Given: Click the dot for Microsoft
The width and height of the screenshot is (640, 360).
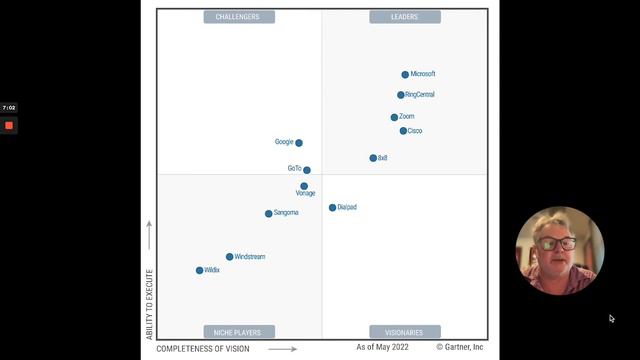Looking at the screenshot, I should coord(405,74).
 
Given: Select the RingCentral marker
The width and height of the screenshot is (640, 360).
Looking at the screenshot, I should coord(401,95).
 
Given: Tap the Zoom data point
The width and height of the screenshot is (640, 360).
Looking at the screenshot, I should coord(394,117).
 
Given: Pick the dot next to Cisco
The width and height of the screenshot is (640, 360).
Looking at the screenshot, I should coord(403,131).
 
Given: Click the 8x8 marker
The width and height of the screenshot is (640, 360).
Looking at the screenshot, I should coord(373,158).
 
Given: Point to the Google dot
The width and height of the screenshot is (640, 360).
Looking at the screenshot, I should coord(299,143).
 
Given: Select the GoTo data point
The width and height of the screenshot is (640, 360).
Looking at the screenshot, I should coord(307,170).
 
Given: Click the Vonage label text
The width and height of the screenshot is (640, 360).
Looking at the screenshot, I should coord(305,193).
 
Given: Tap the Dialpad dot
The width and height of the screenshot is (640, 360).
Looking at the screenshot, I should coord(333,208).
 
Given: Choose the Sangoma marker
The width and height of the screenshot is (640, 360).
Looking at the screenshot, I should coord(268,214).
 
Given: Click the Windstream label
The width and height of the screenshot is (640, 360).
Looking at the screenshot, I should coord(250,257).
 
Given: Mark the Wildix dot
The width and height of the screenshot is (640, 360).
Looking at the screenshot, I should coord(200,271).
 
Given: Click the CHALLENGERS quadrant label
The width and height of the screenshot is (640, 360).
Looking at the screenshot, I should coord(238,17).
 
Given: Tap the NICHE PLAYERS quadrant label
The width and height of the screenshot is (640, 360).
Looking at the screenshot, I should coord(238,332).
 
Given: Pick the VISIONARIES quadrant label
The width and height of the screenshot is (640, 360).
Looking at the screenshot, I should coord(405,332).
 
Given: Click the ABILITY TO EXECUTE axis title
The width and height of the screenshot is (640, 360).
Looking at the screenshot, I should coord(150,303).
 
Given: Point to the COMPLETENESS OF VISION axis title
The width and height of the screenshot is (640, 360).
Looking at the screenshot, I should coord(203,349).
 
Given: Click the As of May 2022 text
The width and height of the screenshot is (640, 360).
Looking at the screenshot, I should coord(383,347).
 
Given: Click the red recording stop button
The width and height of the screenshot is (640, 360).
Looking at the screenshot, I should coord(9,125).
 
